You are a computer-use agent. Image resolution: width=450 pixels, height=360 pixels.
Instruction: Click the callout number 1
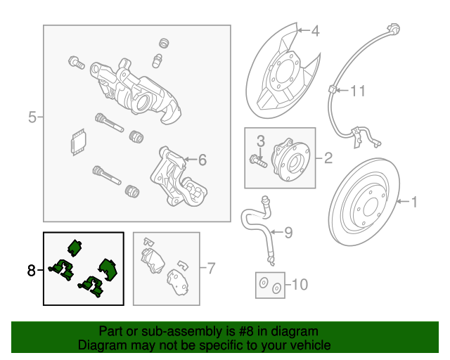(x=414, y=202)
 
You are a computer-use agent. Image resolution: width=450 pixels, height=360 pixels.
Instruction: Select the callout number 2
(x=328, y=158)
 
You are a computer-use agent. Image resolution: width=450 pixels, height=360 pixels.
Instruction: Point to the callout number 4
(x=314, y=31)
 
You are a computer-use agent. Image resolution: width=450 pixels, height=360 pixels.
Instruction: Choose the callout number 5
(x=32, y=117)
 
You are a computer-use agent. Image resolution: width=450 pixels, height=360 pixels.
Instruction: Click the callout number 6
(x=202, y=160)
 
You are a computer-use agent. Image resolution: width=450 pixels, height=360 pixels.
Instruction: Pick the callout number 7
(x=211, y=268)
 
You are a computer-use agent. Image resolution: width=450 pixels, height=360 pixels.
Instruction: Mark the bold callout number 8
(x=31, y=269)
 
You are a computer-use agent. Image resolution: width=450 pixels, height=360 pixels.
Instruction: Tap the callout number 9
(x=288, y=232)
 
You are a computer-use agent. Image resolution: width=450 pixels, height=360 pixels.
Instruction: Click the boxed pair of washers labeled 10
(x=270, y=286)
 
